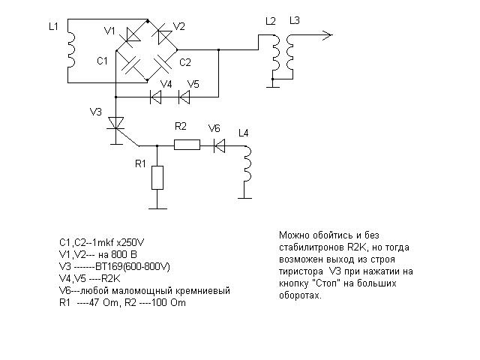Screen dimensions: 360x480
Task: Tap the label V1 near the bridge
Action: click(110, 31)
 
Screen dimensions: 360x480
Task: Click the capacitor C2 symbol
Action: click(161, 66)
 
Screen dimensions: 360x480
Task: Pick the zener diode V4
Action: click(157, 96)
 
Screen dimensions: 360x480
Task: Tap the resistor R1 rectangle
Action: click(157, 177)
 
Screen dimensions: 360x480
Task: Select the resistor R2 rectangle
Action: click(187, 145)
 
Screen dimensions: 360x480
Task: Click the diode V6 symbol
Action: click(219, 145)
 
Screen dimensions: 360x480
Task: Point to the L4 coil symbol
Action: click(247, 166)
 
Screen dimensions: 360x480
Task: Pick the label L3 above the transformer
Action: click(295, 20)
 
